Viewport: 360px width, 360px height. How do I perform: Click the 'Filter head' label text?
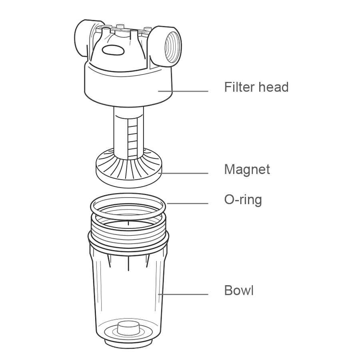(256, 87)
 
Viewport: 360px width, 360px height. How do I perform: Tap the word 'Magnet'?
(247, 170)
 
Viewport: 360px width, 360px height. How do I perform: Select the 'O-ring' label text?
(243, 200)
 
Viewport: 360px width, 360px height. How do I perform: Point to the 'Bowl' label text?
(239, 290)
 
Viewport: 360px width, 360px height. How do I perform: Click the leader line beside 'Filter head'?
(183, 91)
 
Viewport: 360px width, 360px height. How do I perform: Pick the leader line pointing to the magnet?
(183, 173)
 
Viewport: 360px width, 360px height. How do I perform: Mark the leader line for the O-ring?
(188, 203)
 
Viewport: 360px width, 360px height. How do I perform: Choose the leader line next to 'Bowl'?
(183, 294)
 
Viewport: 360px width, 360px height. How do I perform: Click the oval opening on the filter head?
(113, 50)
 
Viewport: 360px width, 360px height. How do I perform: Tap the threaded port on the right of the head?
(166, 47)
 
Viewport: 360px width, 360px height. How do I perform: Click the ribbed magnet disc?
(128, 168)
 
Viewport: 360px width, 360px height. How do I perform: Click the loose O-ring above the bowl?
(128, 206)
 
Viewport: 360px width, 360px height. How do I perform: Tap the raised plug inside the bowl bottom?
(128, 328)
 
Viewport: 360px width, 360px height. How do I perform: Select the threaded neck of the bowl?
(128, 230)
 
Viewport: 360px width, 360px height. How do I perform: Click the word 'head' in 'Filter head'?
(274, 87)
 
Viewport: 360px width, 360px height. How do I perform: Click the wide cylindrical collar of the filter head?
(128, 84)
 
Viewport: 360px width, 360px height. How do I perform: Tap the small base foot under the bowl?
(128, 344)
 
